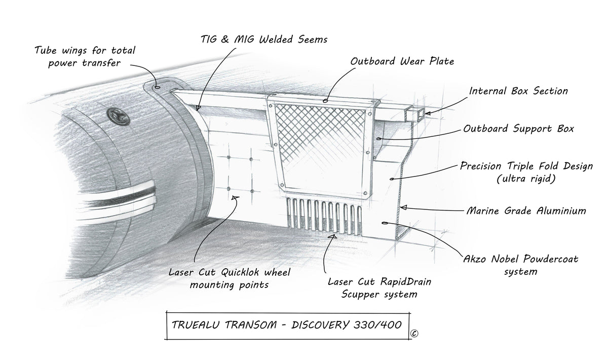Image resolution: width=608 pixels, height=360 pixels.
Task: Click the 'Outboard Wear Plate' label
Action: (402, 61)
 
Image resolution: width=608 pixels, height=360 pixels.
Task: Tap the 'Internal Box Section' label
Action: (518, 91)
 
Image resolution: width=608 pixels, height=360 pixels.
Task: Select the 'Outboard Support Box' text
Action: (518, 129)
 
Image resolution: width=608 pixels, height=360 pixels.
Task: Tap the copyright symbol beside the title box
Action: (414, 334)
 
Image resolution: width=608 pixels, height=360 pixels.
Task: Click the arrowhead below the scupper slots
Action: (332, 235)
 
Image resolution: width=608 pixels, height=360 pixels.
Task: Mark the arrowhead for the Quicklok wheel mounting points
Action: (235, 199)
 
